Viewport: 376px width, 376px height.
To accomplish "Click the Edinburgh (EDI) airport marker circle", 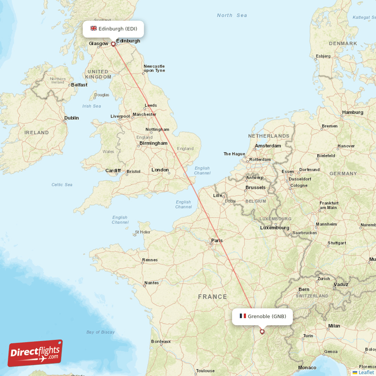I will click(x=113, y=45).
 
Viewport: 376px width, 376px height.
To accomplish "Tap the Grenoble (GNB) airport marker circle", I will click(x=262, y=332).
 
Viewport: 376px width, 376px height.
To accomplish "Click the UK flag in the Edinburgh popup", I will click(x=94, y=29).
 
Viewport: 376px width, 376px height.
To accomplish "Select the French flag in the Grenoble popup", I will click(x=243, y=316).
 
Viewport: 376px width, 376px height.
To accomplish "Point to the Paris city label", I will click(x=217, y=241).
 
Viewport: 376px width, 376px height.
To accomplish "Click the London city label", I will click(x=160, y=170).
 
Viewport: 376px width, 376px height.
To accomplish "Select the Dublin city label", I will click(x=71, y=118).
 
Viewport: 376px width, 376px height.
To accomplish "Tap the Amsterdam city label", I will click(x=268, y=146).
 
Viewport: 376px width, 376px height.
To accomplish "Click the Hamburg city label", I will click(x=352, y=112).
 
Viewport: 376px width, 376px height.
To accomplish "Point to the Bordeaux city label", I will click(x=161, y=342).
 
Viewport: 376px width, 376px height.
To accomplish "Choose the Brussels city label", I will click(x=255, y=188).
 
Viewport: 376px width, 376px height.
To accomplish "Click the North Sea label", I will click(x=232, y=16).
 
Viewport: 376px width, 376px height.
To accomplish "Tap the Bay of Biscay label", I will click(x=101, y=332).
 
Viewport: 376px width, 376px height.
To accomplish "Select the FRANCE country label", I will click(x=212, y=297).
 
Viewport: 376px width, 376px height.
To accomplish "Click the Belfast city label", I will click(x=79, y=85).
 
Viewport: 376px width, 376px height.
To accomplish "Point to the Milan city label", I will click(x=334, y=326).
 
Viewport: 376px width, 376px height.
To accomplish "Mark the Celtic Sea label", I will click(x=62, y=185).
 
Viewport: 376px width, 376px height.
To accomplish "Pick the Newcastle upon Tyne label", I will click(x=154, y=68).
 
